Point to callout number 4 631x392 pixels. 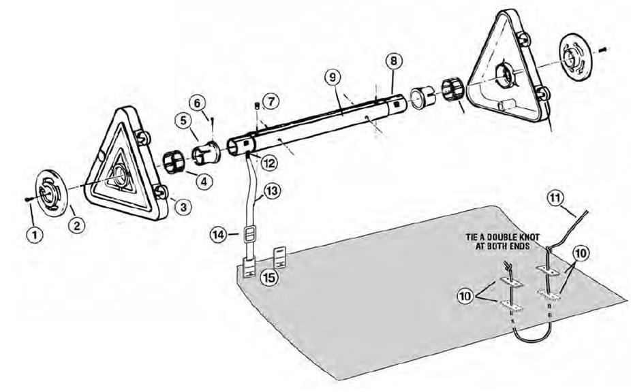click(x=204, y=180)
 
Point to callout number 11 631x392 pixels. click(x=556, y=199)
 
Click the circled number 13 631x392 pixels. click(x=272, y=192)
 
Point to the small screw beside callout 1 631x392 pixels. click(x=25, y=198)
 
